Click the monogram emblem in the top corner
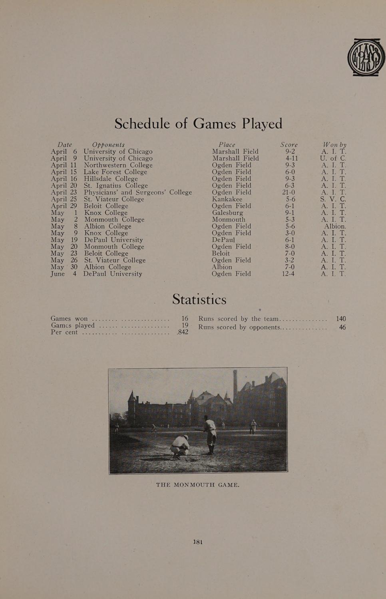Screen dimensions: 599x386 [x=366, y=57]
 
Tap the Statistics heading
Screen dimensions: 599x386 [x=199, y=299]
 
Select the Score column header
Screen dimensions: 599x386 [x=289, y=145]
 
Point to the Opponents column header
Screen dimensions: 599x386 [x=108, y=145]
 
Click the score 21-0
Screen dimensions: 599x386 [x=289, y=192]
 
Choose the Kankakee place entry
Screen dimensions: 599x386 [x=227, y=199]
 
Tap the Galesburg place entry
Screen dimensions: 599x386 [x=227, y=212]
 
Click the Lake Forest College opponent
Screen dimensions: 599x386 [x=115, y=172]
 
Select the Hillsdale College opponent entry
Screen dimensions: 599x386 [x=110, y=179]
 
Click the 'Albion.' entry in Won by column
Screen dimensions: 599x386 [x=335, y=226]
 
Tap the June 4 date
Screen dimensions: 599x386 [x=64, y=274]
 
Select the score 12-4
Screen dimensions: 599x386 [x=288, y=274]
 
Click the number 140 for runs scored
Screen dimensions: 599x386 [x=341, y=319]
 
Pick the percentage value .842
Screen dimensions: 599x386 [x=182, y=332]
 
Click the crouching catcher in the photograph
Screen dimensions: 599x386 [x=181, y=446]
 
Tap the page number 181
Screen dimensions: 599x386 [x=198, y=542]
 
